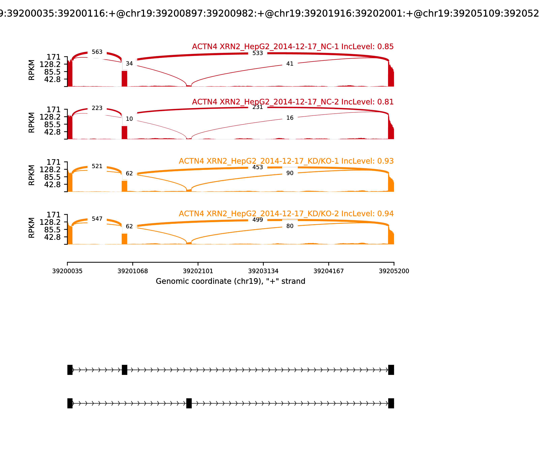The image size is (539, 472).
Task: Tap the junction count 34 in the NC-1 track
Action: [129, 64]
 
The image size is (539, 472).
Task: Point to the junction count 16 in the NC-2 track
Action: [290, 118]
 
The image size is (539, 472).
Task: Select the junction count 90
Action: [290, 173]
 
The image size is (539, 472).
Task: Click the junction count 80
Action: [290, 226]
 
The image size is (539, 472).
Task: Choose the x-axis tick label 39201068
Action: [133, 271]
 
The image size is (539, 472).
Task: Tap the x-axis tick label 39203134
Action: [263, 271]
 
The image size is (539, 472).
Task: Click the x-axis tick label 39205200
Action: [394, 271]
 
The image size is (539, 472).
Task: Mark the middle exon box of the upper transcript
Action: [124, 370]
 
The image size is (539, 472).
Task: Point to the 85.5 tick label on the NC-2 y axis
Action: [52, 124]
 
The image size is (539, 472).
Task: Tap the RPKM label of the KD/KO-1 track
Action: [31, 175]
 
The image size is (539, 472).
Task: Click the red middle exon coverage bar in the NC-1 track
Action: [124, 79]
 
